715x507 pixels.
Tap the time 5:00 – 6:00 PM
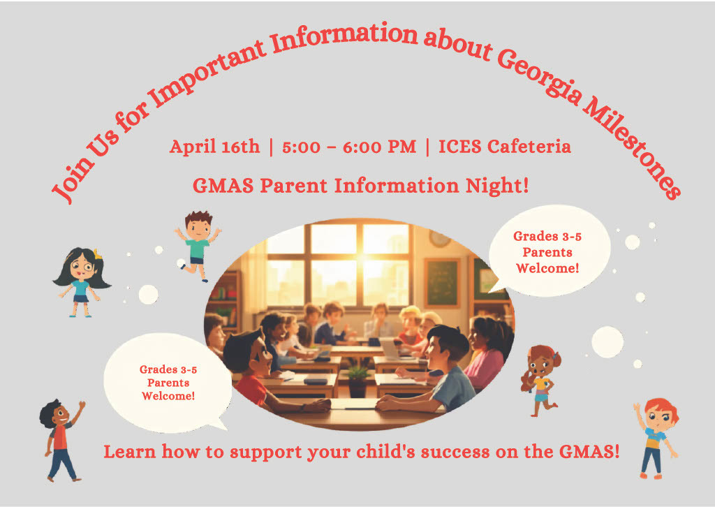(x=348, y=147)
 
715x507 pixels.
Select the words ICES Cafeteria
(x=504, y=147)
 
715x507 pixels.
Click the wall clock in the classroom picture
(x=439, y=238)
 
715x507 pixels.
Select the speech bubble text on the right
(x=547, y=252)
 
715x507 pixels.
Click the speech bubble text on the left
(x=168, y=383)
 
